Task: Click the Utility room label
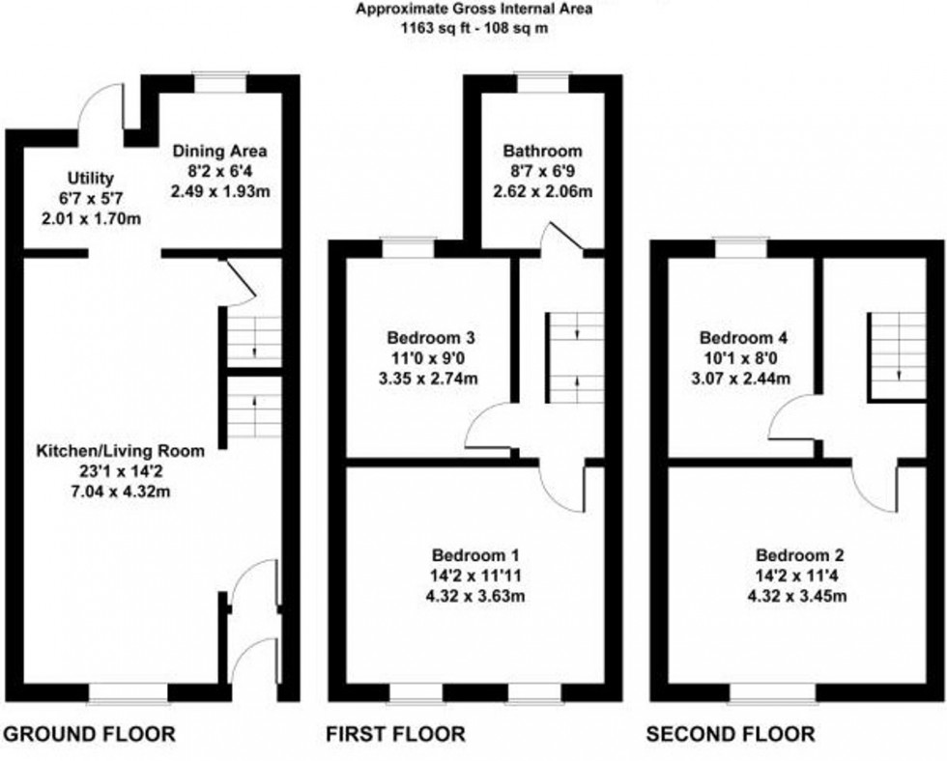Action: point(91,178)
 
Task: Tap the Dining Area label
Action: point(219,152)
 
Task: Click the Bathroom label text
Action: point(542,151)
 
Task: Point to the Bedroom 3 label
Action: point(430,338)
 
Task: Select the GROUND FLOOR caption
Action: point(90,734)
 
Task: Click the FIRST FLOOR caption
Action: point(394,734)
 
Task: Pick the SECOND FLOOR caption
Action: point(731,734)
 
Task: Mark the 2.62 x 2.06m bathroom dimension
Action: point(542,190)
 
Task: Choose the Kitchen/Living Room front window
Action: point(129,691)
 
